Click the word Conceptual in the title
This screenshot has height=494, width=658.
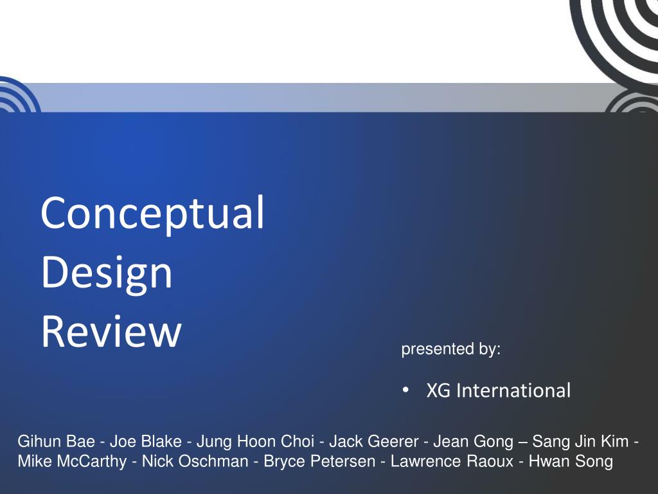point(153,214)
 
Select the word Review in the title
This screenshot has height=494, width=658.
point(111,332)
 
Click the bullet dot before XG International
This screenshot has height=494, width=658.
point(405,390)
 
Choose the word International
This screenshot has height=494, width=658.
point(513,390)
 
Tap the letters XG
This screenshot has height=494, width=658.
point(439,390)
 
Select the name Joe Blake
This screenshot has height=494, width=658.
point(145,442)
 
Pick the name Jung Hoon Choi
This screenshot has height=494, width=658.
point(255,442)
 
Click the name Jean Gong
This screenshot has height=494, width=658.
point(473,442)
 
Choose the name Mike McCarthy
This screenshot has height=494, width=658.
point(72,461)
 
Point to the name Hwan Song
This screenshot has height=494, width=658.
point(571,461)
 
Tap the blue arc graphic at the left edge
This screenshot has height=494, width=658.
point(15,96)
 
